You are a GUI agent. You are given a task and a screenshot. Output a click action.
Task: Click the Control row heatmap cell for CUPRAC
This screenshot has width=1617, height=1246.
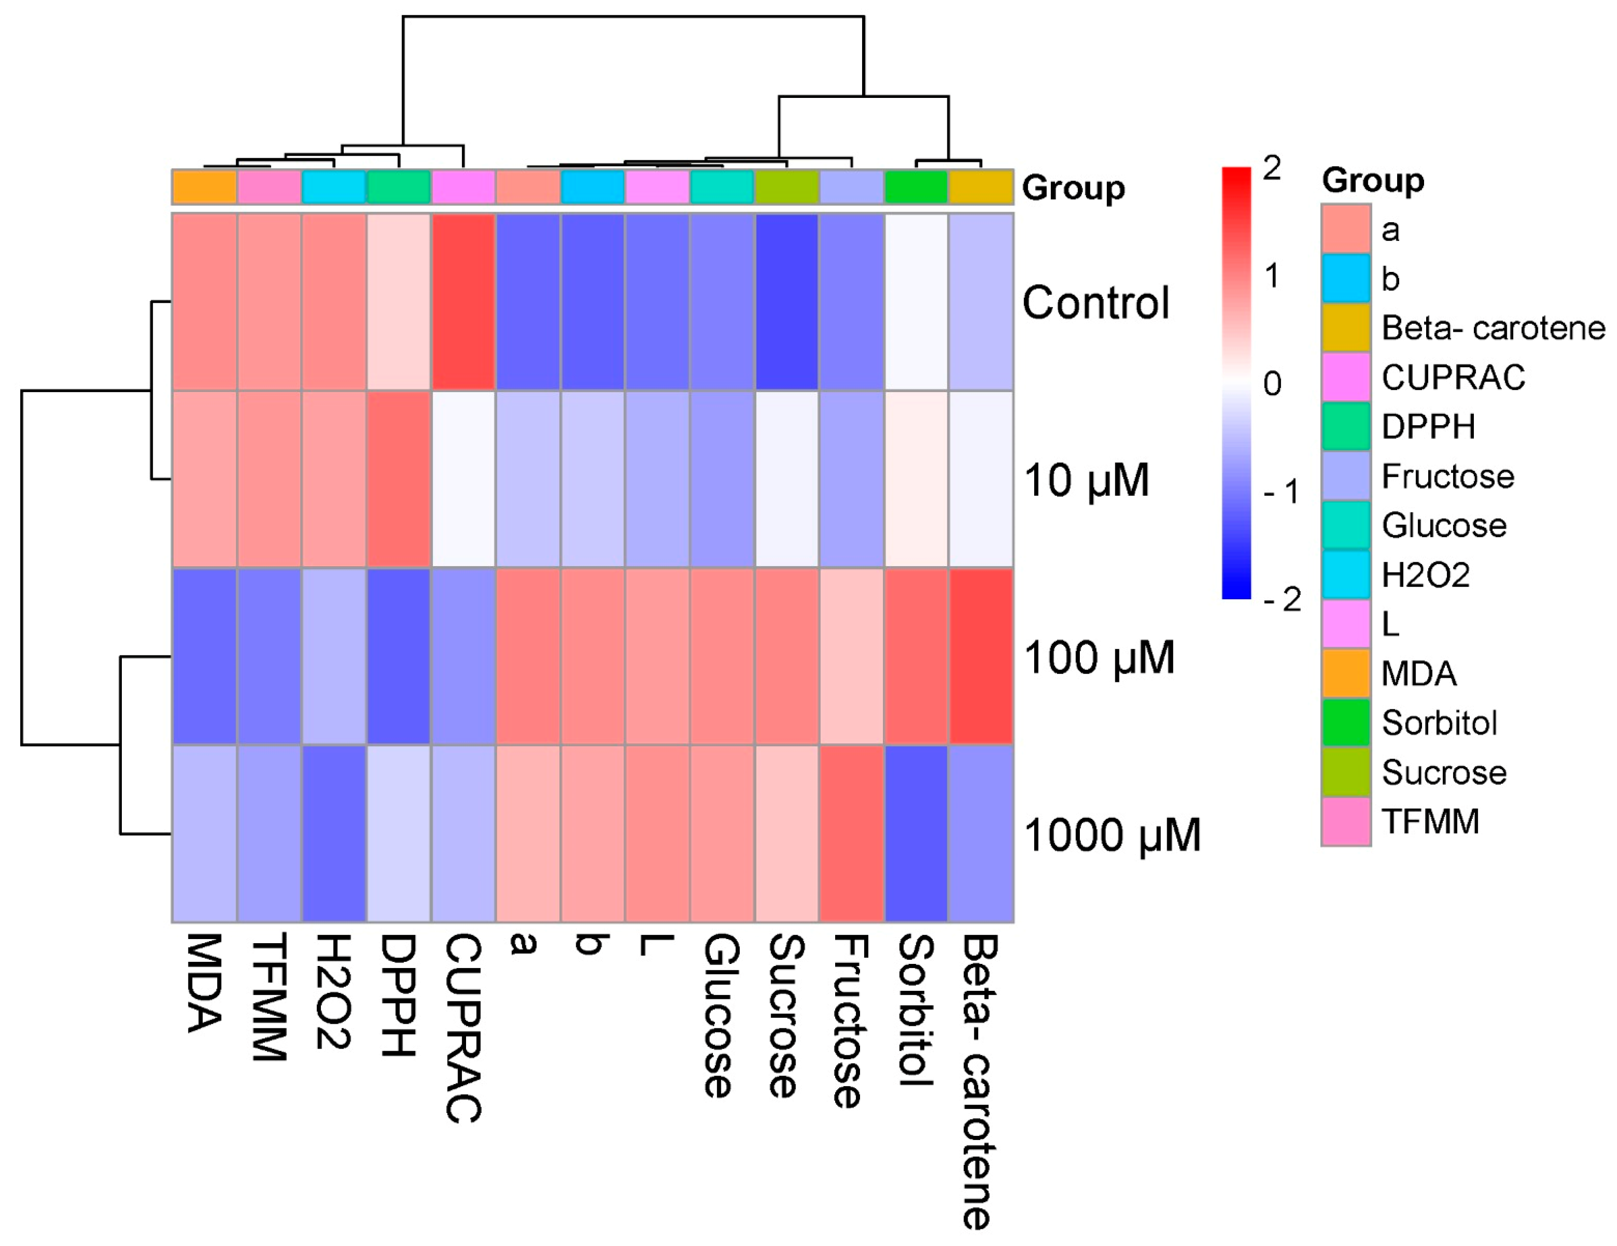(x=464, y=302)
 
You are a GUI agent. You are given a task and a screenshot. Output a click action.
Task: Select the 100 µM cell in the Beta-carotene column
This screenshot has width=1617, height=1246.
(x=981, y=656)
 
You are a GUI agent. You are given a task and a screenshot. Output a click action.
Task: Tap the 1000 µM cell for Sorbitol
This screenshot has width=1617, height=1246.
(x=916, y=834)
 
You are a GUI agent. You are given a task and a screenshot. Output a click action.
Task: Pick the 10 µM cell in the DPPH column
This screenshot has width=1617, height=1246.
(x=399, y=479)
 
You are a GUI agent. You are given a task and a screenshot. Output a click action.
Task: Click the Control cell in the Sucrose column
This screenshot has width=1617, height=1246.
(x=787, y=302)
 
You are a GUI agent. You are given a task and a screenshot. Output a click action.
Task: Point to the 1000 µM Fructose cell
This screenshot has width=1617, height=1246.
(x=851, y=834)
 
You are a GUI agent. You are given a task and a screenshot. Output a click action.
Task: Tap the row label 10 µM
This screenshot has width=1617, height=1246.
(x=1086, y=480)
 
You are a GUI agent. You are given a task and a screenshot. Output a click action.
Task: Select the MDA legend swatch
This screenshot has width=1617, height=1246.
(x=1346, y=673)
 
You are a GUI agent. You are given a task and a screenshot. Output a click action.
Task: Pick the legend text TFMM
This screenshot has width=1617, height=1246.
(x=1431, y=822)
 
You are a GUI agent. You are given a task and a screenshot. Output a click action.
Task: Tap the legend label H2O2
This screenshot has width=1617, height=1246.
(x=1425, y=575)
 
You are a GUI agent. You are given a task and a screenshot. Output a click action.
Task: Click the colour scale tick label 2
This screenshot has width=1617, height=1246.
(x=1272, y=169)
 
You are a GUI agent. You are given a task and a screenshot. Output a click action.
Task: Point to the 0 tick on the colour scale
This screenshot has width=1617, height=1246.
(x=1272, y=383)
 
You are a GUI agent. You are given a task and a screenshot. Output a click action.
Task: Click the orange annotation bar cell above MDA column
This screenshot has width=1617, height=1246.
(x=204, y=187)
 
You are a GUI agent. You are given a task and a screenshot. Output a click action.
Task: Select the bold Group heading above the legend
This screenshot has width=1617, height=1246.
(x=1373, y=180)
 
